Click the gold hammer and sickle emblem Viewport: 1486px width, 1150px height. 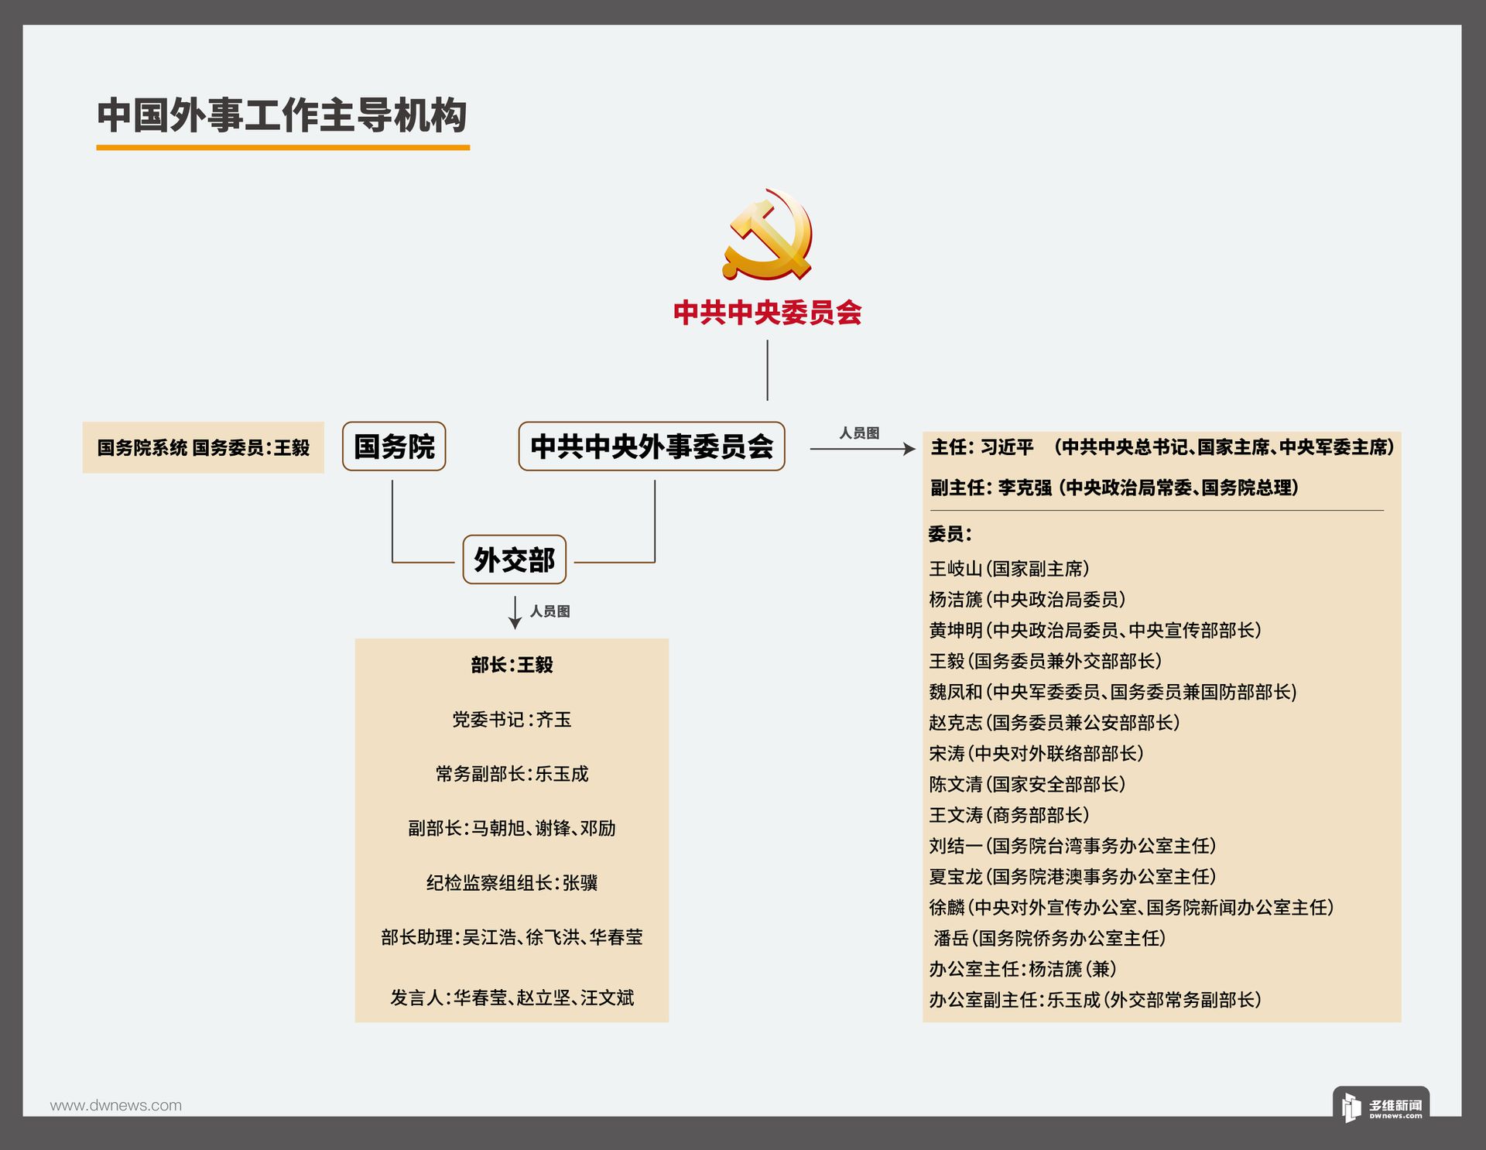(x=767, y=234)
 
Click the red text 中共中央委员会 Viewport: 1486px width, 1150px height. (x=767, y=313)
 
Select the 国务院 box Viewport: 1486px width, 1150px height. (x=394, y=447)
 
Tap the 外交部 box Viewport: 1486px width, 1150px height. (x=514, y=560)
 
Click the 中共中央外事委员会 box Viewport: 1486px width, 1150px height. (x=652, y=447)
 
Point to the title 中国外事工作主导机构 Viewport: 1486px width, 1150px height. (x=282, y=115)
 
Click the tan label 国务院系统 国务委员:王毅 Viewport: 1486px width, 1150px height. (x=203, y=447)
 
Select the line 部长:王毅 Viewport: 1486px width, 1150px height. (x=512, y=665)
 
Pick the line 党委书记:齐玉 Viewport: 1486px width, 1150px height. (x=512, y=720)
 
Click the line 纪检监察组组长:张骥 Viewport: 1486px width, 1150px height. (x=512, y=883)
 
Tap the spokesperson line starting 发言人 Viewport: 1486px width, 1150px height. (x=512, y=998)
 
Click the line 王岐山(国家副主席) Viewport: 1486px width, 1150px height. (x=1009, y=569)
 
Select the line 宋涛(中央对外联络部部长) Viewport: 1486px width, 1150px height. (x=1036, y=753)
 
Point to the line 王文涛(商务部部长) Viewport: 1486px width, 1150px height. (x=1009, y=815)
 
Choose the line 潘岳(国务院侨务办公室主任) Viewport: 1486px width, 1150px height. (x=1049, y=938)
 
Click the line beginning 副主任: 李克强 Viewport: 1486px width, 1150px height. (x=1114, y=488)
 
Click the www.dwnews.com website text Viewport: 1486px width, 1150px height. (x=116, y=1106)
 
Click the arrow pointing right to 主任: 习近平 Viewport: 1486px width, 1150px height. (x=863, y=449)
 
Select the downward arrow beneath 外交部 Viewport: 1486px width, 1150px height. (x=515, y=612)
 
